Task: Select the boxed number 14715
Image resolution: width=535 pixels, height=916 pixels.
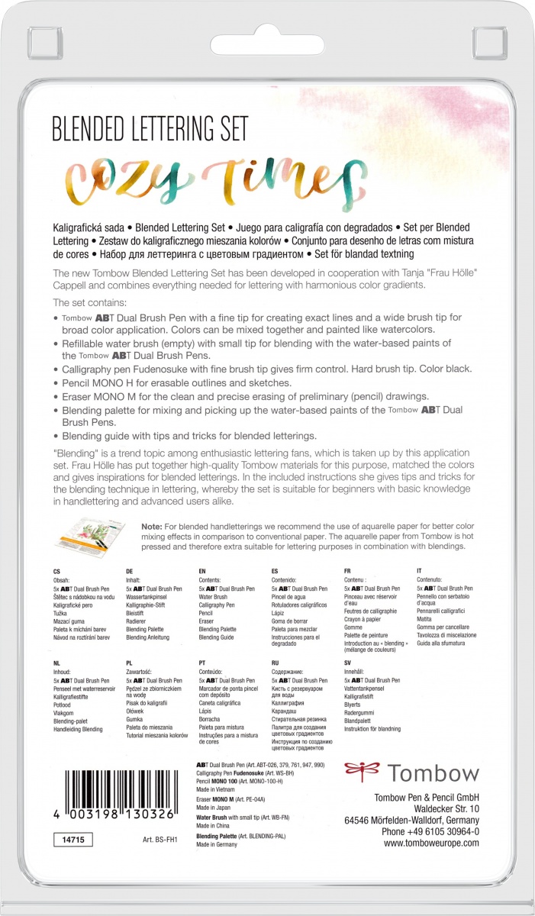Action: (x=69, y=839)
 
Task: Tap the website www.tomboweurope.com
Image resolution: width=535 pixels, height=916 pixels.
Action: (x=431, y=843)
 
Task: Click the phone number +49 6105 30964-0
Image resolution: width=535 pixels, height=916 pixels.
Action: (x=430, y=832)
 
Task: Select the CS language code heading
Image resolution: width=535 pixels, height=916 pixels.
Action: (x=56, y=571)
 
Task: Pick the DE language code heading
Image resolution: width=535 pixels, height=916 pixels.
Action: (x=129, y=571)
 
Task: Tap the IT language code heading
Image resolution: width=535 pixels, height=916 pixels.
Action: (x=420, y=571)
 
